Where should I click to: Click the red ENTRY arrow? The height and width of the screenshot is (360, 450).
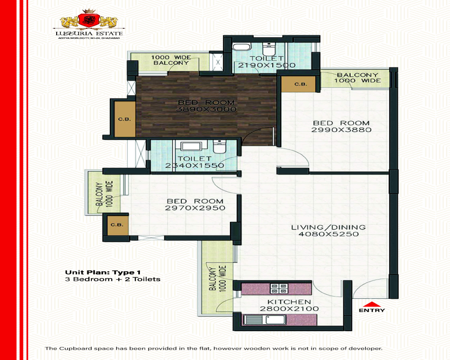[372, 305]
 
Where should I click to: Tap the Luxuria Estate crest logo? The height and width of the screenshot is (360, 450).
[89, 19]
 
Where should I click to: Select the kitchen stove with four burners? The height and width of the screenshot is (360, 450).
[279, 288]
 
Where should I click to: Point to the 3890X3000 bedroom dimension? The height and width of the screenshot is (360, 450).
[206, 109]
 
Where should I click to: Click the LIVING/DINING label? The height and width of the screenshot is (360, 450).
[328, 227]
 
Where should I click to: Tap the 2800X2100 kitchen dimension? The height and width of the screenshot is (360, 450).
[289, 309]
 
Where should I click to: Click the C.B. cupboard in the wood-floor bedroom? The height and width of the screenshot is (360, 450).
[125, 119]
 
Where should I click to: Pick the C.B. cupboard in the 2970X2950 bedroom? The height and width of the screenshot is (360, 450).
[117, 225]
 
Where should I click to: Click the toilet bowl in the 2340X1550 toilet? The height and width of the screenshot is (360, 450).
[219, 147]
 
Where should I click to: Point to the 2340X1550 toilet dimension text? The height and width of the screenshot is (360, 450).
[194, 165]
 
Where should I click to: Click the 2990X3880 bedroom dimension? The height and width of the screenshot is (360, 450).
[341, 130]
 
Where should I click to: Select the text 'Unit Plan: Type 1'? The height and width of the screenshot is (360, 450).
[103, 272]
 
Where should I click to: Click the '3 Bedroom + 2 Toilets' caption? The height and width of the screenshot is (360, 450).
[113, 279]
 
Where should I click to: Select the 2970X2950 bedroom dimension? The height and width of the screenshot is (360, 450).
[195, 208]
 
